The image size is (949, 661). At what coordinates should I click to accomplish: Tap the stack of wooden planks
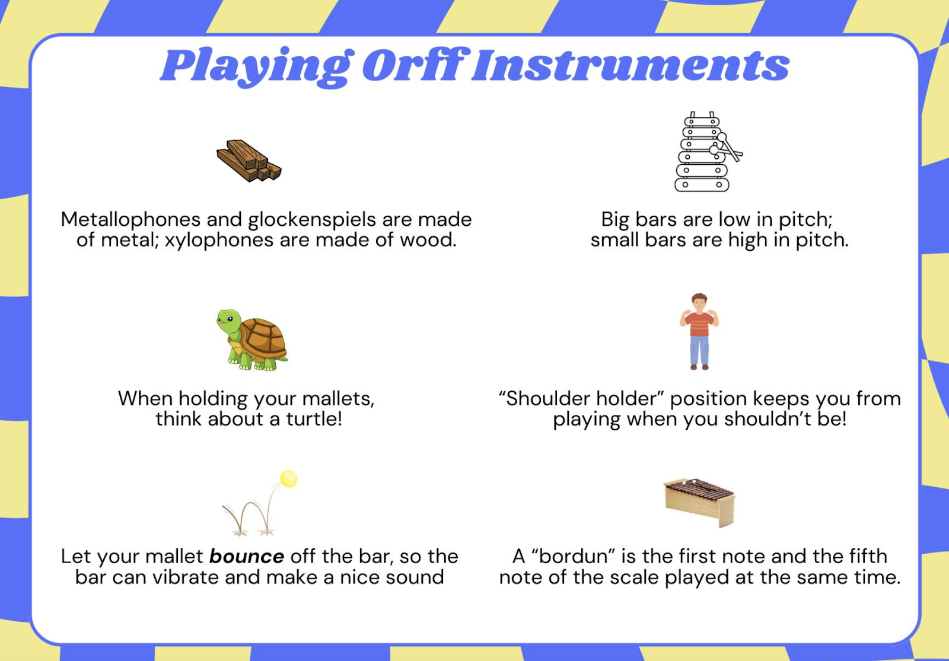click(x=249, y=161)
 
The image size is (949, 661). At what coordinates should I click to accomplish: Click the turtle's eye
click(x=230, y=318)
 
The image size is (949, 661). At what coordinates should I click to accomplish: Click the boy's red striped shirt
click(x=699, y=324)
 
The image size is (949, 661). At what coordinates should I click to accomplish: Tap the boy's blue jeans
click(x=699, y=350)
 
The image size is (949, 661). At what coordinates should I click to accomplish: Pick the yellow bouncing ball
click(x=288, y=479)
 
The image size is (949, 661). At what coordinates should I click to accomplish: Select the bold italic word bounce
click(x=247, y=557)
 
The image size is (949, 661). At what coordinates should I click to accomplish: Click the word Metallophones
click(x=130, y=220)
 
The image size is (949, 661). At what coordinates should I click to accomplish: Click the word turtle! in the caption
click(x=314, y=419)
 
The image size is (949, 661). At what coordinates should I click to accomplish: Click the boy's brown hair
click(x=699, y=297)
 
